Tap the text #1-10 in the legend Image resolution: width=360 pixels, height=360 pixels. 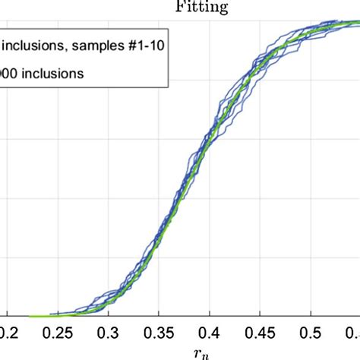[144, 44]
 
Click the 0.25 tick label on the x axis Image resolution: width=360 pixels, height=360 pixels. [57, 332]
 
